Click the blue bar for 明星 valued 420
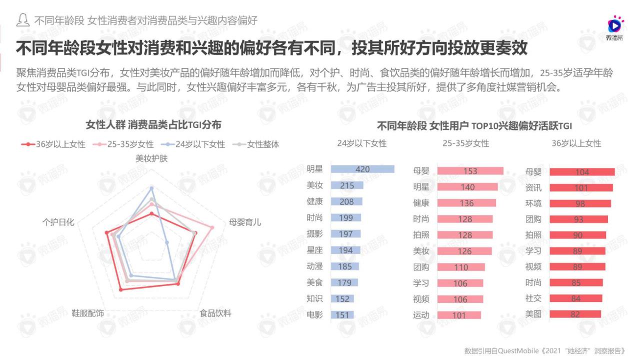click(362, 169)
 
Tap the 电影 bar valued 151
click(342, 314)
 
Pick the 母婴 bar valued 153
click(470, 171)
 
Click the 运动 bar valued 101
click(458, 315)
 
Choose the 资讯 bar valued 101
click(581, 188)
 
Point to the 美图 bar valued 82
click(575, 314)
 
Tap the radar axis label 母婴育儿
click(245, 222)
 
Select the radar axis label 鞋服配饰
click(88, 313)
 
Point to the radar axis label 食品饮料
click(215, 313)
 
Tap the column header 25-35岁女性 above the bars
click(465, 143)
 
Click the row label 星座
click(315, 250)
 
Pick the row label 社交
click(533, 298)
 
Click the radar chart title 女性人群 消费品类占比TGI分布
click(153, 124)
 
